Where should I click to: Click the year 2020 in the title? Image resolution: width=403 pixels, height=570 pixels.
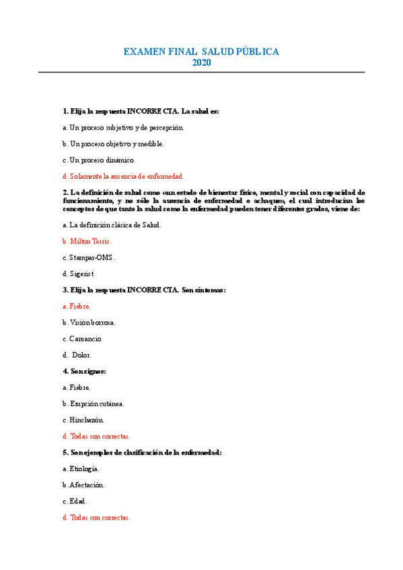click(201, 63)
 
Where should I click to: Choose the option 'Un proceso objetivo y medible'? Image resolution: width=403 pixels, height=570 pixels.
click(113, 144)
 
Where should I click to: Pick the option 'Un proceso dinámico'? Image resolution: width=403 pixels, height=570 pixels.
click(99, 160)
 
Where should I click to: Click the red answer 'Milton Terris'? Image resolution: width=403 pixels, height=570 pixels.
click(87, 241)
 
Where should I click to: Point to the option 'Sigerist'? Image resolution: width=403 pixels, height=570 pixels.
click(79, 274)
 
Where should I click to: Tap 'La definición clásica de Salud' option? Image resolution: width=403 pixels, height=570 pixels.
click(112, 225)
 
